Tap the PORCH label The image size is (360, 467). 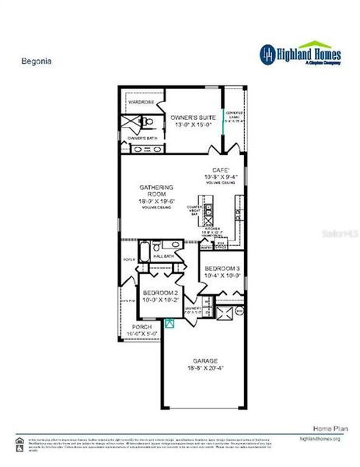coord(142,326)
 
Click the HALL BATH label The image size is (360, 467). coord(163,255)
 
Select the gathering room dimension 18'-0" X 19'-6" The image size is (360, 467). coord(156,202)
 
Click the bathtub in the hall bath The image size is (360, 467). coord(144,252)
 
